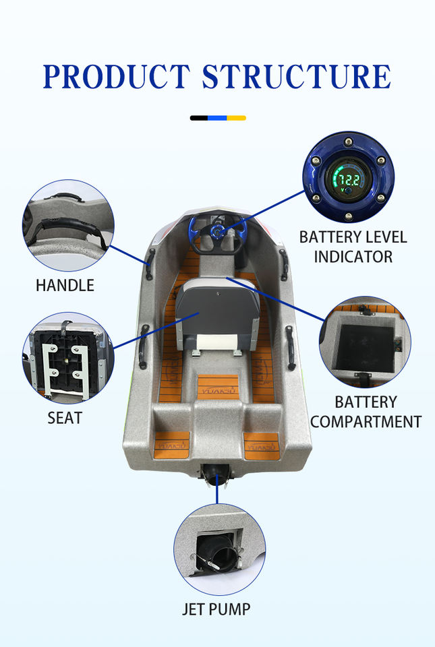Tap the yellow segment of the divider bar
click(236, 118)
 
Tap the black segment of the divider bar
click(199, 118)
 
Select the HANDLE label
click(65, 285)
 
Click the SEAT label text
click(65, 418)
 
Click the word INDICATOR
click(353, 257)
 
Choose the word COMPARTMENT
click(366, 422)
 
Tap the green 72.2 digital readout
click(349, 180)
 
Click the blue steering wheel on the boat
click(216, 233)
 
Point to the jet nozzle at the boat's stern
click(216, 479)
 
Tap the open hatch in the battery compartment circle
click(365, 347)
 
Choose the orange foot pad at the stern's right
click(262, 445)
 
